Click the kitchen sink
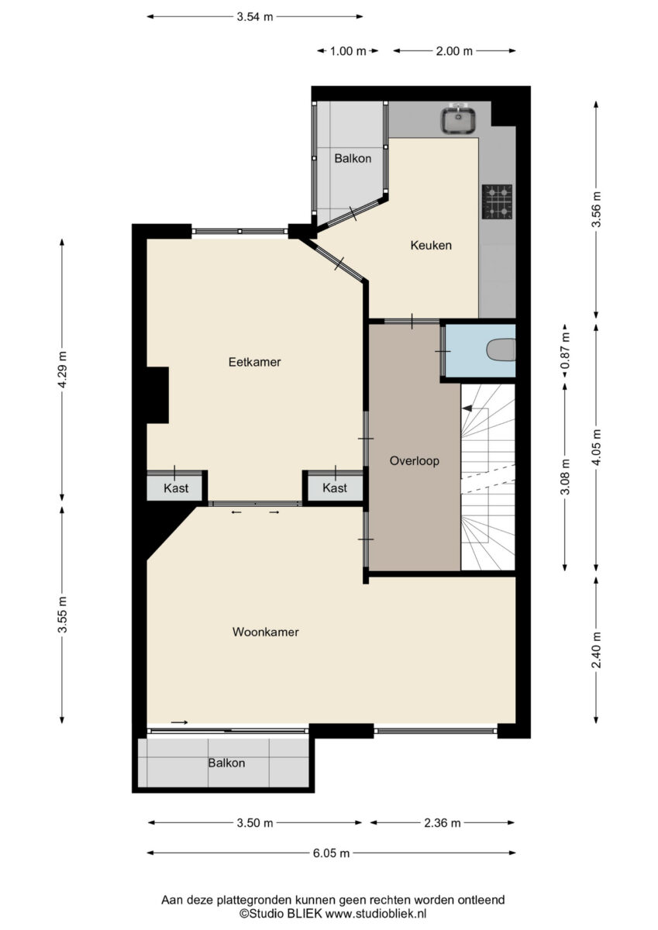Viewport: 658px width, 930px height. [x=457, y=119]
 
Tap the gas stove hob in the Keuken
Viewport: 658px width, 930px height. [x=497, y=201]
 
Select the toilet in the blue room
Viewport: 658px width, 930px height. [x=501, y=350]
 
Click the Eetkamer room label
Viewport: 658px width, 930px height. [x=254, y=362]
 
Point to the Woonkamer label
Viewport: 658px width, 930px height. [x=265, y=632]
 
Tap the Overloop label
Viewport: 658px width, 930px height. [x=415, y=461]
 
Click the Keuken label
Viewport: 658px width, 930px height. [x=431, y=245]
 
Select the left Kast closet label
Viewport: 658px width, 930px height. [x=176, y=487]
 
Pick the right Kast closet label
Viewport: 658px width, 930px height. [x=335, y=487]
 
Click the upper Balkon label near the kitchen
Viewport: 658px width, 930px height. [x=353, y=158]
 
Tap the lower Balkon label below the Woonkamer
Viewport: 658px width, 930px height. [x=226, y=763]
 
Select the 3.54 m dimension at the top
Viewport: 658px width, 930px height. [x=255, y=17]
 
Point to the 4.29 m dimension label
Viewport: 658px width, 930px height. [x=62, y=369]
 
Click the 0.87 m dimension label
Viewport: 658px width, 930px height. [x=565, y=351]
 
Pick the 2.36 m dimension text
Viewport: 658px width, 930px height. [x=442, y=823]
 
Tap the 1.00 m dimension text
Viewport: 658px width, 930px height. [x=348, y=51]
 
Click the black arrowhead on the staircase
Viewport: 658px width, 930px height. [x=467, y=408]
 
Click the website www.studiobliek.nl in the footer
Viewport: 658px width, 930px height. [x=376, y=914]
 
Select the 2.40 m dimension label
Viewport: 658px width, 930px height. [x=597, y=650]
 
